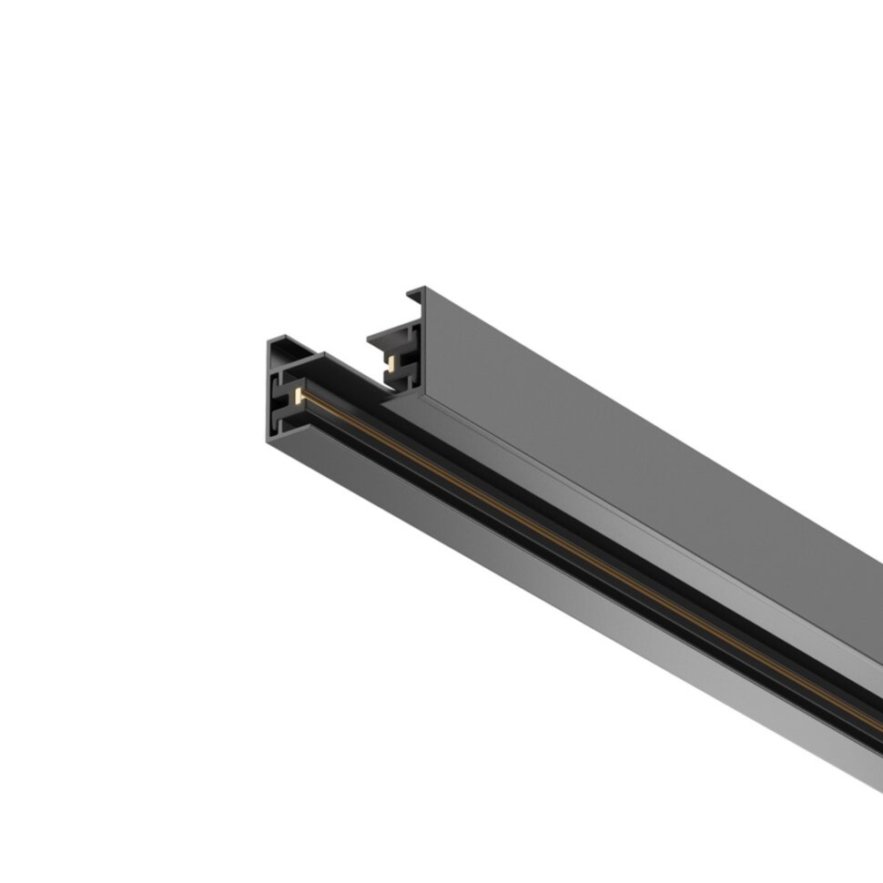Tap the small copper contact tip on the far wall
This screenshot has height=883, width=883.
click(390, 362)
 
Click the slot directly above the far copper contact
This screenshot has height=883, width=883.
click(392, 351)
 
